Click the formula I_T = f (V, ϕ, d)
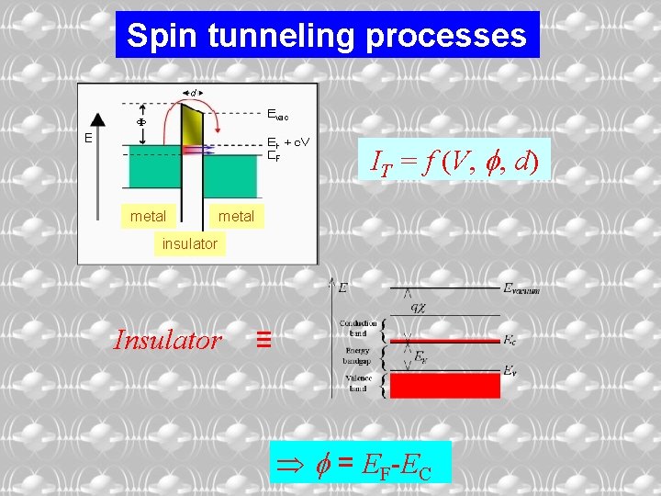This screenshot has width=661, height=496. pos(454,162)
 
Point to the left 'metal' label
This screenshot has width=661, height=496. pos(149,216)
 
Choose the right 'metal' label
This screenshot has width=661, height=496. pos(236,216)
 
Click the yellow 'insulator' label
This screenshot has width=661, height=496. pos(190,243)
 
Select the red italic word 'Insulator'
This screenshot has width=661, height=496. pos(167,341)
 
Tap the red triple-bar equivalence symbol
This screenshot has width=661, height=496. pos(263,341)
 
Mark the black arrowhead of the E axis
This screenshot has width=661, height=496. pos(98,118)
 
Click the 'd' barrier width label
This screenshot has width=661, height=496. pos(193,92)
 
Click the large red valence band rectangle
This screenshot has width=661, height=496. pos(444,384)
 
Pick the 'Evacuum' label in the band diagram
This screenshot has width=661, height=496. pos(521,288)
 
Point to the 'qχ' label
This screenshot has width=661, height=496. pos(419,307)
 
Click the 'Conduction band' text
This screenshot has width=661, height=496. pos(358,328)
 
